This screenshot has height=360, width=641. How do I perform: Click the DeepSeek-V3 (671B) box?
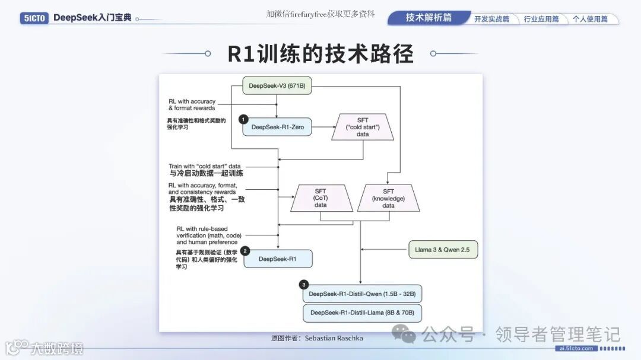pyautogui.click(x=277, y=86)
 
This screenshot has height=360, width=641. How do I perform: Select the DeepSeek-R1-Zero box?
pyautogui.click(x=277, y=127)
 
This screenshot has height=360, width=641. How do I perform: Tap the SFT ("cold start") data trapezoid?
pyautogui.click(x=363, y=127)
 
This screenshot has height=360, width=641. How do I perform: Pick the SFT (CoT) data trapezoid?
pyautogui.click(x=320, y=198)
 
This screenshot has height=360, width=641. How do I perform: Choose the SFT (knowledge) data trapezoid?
pyautogui.click(x=388, y=198)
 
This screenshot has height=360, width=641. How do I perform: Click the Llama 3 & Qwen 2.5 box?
pyautogui.click(x=443, y=250)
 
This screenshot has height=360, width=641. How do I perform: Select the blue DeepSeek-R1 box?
pyautogui.click(x=277, y=259)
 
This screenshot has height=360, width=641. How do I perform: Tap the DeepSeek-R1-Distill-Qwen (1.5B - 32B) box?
pyautogui.click(x=362, y=294)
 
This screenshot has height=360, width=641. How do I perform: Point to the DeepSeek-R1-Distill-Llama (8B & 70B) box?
pyautogui.click(x=362, y=313)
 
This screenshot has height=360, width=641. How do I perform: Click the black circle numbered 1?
pyautogui.click(x=243, y=119)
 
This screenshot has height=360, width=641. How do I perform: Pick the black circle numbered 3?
pyautogui.click(x=304, y=285)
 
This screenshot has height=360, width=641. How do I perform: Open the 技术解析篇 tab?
pyautogui.click(x=429, y=18)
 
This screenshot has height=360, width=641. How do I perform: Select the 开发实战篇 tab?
pyautogui.click(x=491, y=19)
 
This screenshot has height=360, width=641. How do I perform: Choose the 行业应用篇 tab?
pyautogui.click(x=541, y=19)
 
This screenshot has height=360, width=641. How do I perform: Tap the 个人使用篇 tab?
pyautogui.click(x=589, y=19)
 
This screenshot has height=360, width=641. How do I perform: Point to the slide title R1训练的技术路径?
pyautogui.click(x=320, y=54)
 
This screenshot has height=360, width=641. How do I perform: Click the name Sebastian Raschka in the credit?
pyautogui.click(x=334, y=338)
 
